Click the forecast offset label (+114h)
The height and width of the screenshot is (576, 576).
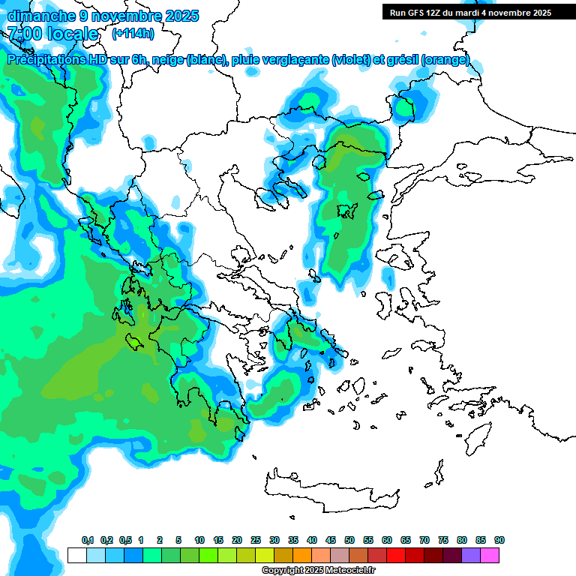133,34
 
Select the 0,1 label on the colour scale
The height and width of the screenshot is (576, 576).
88,541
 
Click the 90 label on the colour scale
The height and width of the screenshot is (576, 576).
499,541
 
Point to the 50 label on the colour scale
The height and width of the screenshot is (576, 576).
349,541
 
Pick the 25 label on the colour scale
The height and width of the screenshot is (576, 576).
256,541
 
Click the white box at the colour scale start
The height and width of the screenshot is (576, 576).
76,555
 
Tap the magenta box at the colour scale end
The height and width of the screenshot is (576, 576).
490,555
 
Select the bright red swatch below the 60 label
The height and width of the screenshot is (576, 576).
396,555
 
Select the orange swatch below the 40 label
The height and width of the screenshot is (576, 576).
302,555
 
